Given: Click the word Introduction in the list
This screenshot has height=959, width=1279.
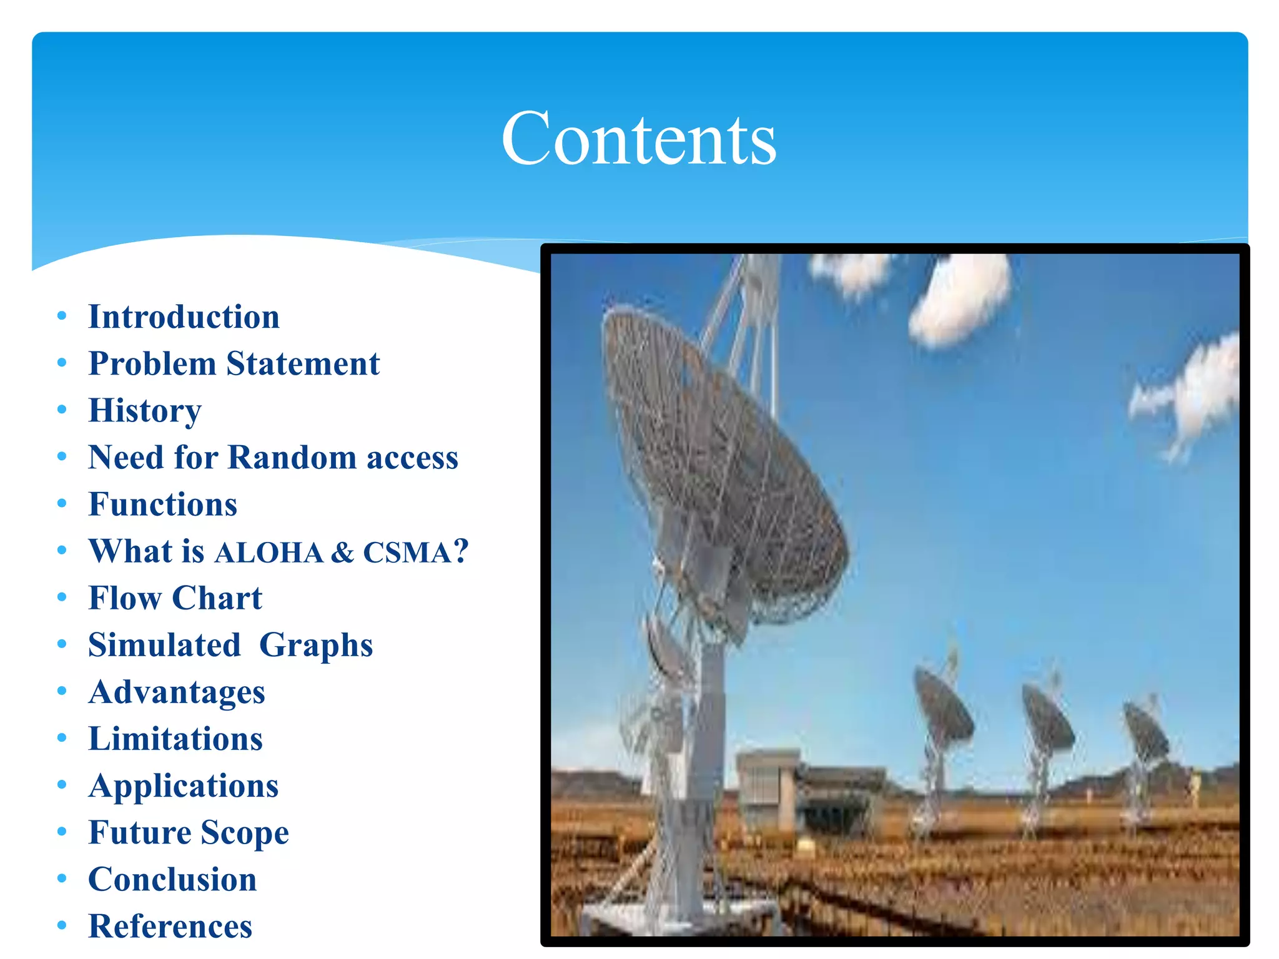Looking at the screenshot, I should point(184,317).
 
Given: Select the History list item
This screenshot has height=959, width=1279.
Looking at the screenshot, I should point(145,411).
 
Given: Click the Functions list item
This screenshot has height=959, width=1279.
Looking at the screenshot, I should point(163,504).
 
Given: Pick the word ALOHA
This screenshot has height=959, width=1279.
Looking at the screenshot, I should point(269,553).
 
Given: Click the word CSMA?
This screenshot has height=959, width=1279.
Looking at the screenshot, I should point(415,552).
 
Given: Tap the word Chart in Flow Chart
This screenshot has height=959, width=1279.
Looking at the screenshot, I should point(217,598).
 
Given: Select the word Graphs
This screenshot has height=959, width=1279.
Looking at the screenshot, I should point(316,646).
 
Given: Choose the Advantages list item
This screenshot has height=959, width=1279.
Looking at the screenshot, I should point(177,692).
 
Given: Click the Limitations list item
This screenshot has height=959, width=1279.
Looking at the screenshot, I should point(175,739).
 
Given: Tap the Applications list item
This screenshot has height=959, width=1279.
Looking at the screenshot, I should point(184,787).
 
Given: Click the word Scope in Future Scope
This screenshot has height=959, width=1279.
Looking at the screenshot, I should point(245,833).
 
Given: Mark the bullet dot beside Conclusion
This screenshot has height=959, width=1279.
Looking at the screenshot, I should point(62,878).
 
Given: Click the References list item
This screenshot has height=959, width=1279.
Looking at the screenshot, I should point(170,926).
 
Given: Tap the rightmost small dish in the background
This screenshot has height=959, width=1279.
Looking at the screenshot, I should point(1146,730).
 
